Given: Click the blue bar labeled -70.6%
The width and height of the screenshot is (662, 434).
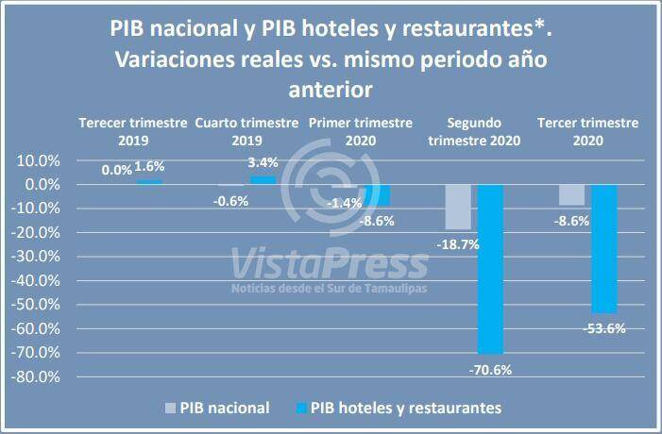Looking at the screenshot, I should (489, 269).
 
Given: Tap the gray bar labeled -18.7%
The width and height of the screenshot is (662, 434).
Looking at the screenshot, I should (458, 207).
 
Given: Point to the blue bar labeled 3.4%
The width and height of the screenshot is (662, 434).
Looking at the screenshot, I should (263, 179).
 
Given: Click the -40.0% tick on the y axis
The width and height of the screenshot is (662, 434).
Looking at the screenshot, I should (35, 280).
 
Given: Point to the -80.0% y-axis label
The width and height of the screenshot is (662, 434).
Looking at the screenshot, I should (35, 376).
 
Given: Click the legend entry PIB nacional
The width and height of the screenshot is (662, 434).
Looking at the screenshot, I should (226, 409).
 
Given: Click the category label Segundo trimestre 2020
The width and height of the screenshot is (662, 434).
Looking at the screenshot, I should (474, 131).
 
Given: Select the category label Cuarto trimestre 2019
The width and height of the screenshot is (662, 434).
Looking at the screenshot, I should (246, 131).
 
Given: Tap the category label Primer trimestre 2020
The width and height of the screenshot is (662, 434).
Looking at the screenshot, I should (361, 131).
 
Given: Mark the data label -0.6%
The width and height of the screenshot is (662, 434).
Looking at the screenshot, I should (230, 201).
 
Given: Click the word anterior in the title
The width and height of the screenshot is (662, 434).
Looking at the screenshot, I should (330, 91).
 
